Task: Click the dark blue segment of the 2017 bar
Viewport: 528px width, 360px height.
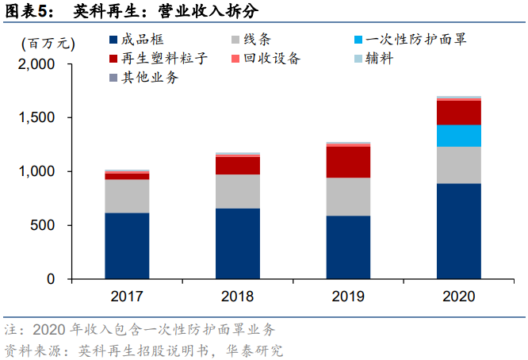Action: click(127, 246)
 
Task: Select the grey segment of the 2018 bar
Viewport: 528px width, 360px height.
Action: click(237, 191)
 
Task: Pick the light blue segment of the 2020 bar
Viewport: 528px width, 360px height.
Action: click(458, 136)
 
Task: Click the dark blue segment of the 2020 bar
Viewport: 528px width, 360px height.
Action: click(458, 231)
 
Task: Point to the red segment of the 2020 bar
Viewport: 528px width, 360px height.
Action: click(458, 113)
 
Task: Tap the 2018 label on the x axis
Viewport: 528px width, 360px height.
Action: click(237, 297)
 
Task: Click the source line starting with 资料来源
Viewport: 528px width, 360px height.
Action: click(143, 350)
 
